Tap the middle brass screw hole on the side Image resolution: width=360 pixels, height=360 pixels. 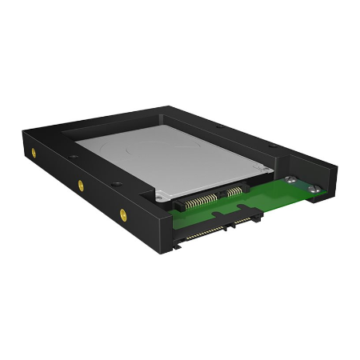[80, 185]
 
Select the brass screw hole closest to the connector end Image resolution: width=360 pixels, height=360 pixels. [122, 213]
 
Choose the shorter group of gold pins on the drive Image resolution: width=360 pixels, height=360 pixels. [234, 191]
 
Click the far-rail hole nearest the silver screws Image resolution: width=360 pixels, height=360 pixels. [272, 148]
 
